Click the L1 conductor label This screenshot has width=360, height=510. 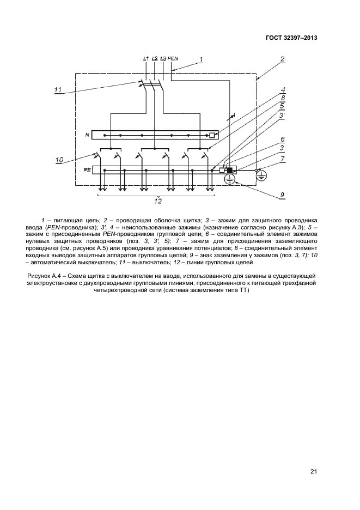[145, 58]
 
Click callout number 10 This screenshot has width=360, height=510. [60, 160]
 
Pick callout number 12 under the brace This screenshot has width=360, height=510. [157, 201]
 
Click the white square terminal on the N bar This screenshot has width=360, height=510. [212, 135]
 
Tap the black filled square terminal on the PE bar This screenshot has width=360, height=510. [230, 170]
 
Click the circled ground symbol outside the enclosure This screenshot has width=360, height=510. [262, 174]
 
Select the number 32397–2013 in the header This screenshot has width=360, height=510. [299, 38]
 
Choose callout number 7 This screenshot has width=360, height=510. [282, 159]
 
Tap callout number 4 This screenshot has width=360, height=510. [282, 90]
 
